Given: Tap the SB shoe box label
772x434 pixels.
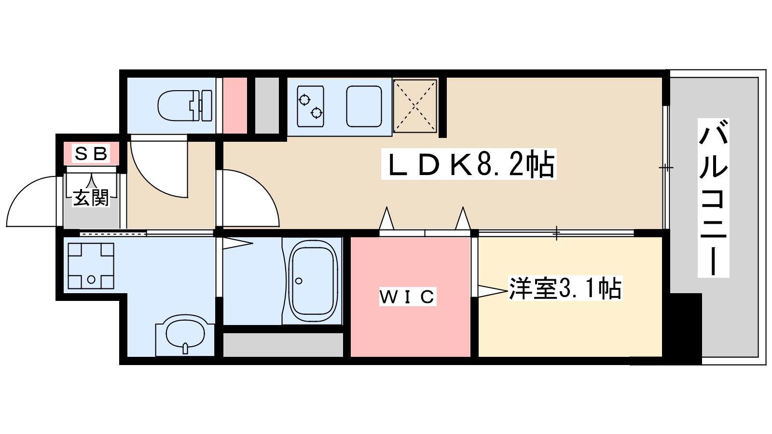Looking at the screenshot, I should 91,154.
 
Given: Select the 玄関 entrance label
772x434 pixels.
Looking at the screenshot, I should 91,198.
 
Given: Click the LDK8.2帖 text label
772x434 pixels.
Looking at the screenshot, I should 469,164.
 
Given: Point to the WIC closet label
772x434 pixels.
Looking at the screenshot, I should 408,297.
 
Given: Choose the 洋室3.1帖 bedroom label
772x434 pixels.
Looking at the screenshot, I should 565,288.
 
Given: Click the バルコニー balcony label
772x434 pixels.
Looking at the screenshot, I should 713,198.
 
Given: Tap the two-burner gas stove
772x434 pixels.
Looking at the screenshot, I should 310,107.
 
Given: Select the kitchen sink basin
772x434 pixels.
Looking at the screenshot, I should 364,107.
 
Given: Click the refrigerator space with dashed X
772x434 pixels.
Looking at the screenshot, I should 415,106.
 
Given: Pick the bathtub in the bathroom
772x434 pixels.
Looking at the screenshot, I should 313,281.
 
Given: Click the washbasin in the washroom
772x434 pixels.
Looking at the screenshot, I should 185,332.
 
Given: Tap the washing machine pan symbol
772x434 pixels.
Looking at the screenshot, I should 91,266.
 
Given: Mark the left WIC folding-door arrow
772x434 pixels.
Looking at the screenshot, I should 386,219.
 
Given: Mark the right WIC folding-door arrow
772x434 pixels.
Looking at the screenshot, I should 463,219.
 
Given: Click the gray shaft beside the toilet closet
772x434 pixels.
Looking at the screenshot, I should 267,105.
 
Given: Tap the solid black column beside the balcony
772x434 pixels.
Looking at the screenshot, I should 685,328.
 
